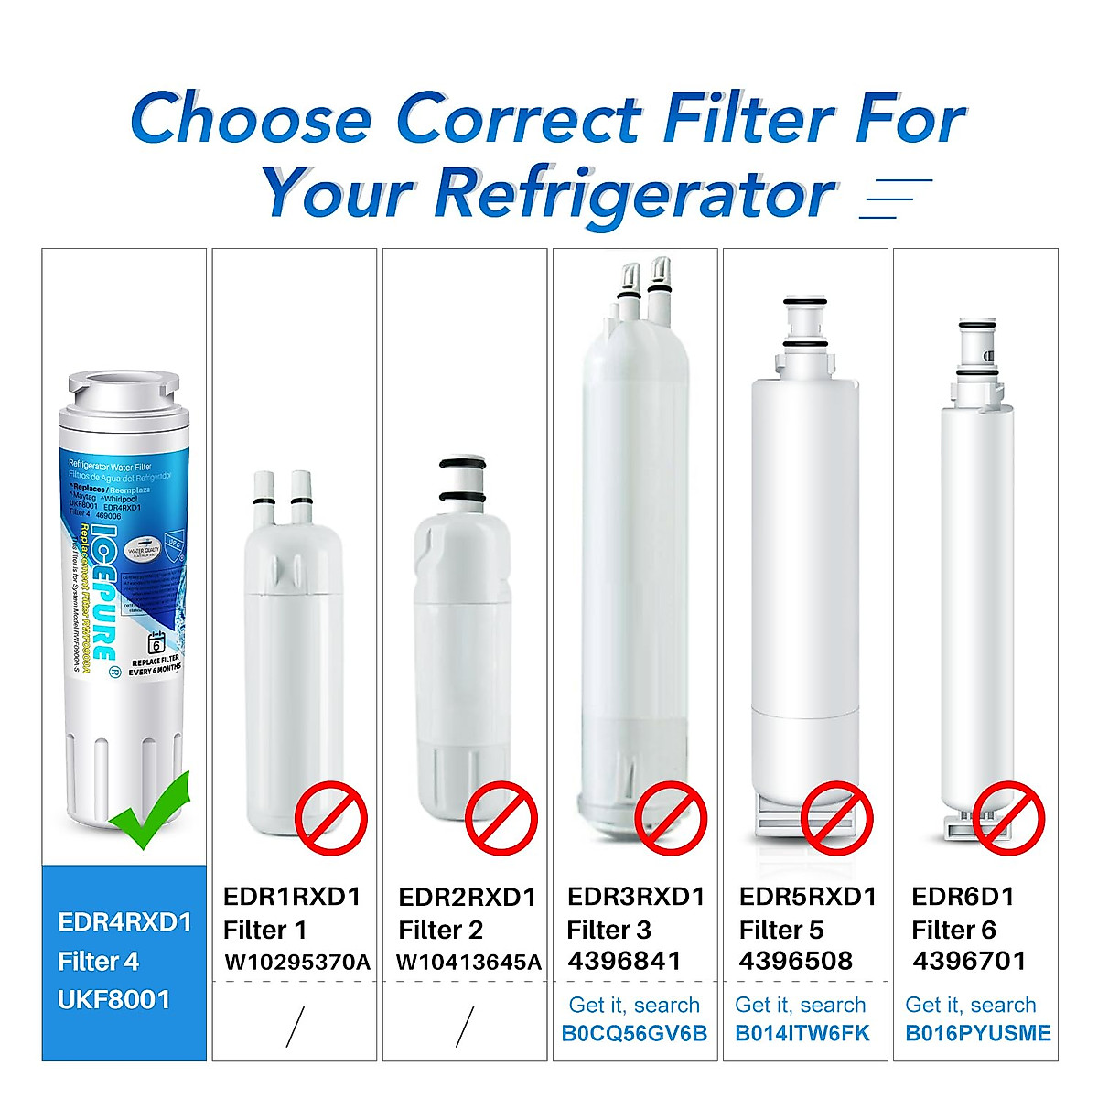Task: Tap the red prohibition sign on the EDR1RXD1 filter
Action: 331,818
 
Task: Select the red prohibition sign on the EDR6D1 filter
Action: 1007,818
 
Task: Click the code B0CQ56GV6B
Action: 634,1034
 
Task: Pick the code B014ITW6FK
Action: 802,1034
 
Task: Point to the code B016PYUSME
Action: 978,1034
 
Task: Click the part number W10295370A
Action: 297,963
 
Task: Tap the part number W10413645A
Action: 468,963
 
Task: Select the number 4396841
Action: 624,961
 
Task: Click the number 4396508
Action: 795,961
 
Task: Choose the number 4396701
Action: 969,961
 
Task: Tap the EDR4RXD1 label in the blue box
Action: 124,921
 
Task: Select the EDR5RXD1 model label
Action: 807,897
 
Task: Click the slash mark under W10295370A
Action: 295,1027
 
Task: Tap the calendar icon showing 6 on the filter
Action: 156,642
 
